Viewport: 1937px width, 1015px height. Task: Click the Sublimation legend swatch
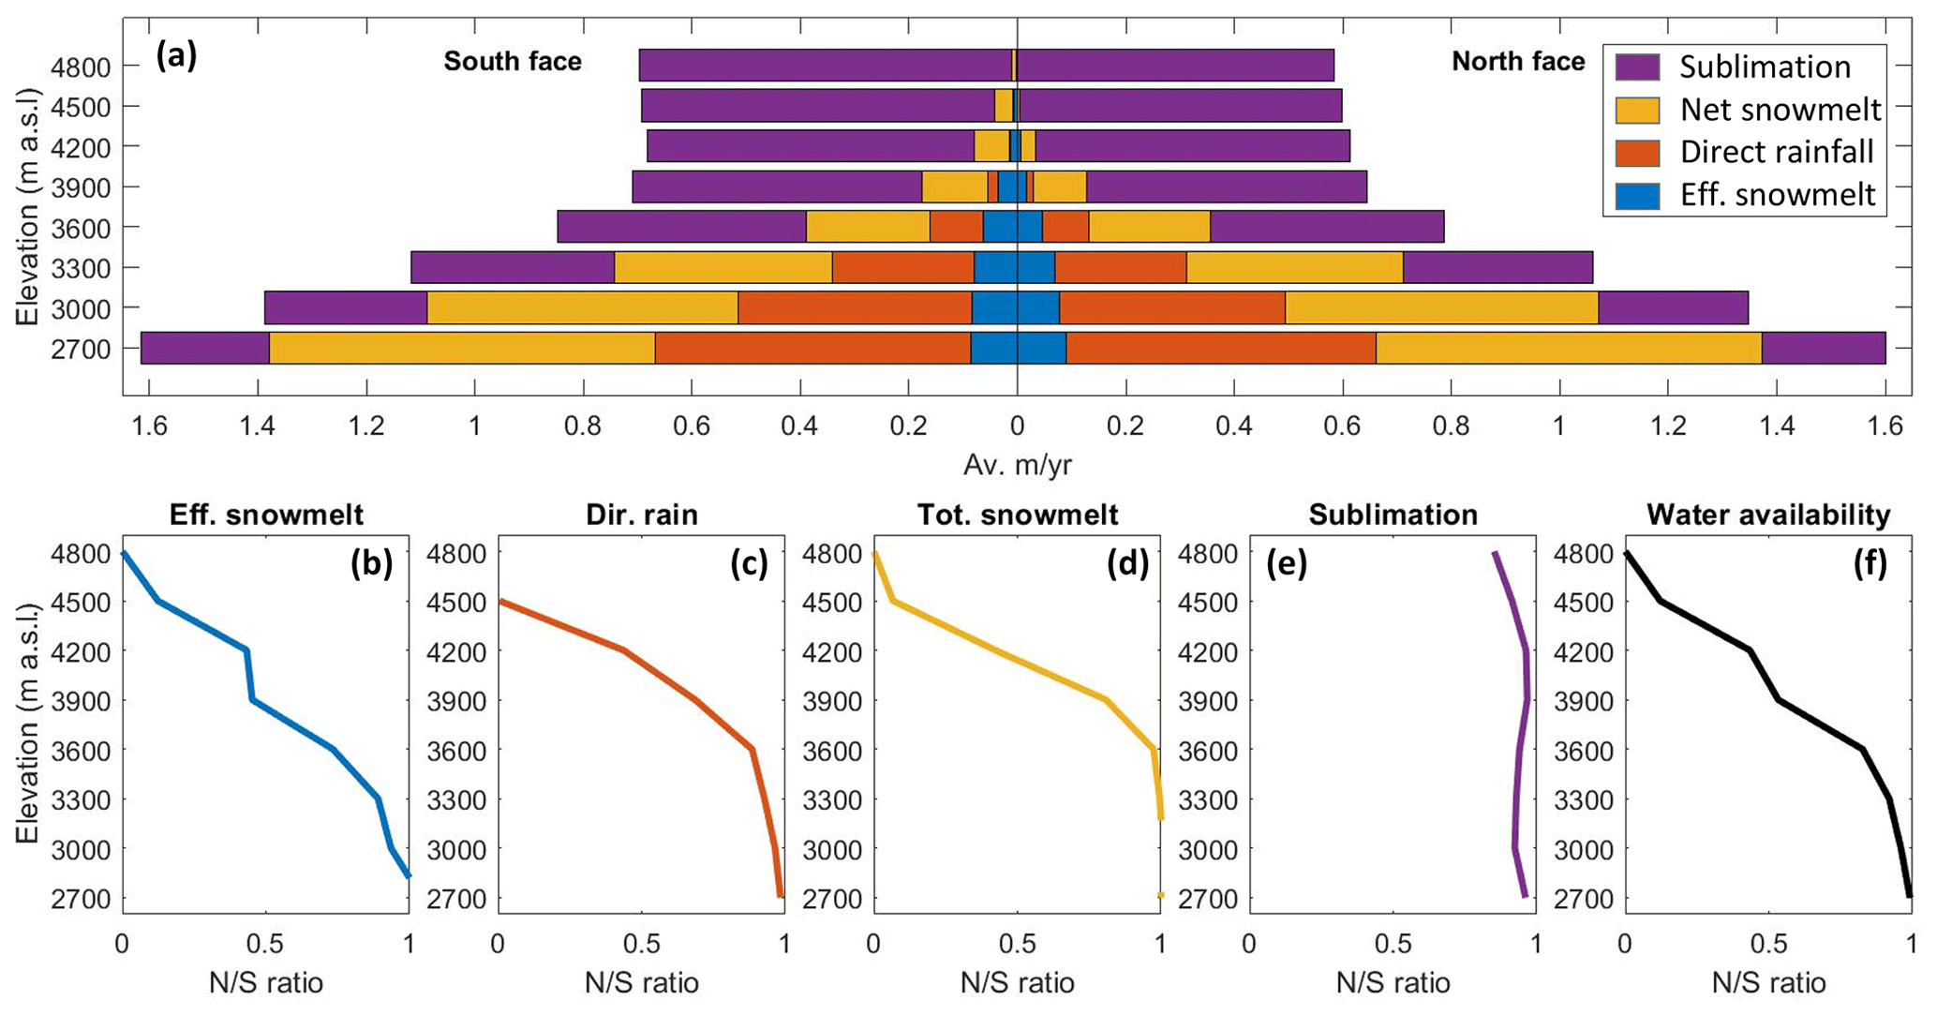1637,67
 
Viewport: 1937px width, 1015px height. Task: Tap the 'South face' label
513,62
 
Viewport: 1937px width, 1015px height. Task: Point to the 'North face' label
1518,62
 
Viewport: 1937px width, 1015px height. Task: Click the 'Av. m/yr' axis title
1017,465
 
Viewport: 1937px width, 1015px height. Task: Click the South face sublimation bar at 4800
825,66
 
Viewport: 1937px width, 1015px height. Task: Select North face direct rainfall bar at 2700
1220,348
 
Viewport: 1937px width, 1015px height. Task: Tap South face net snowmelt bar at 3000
582,307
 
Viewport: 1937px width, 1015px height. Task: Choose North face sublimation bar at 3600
1326,227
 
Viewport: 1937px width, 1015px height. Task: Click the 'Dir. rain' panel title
642,515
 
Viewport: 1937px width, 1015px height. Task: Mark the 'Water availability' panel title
1768,515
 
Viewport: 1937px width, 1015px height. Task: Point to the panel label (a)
176,57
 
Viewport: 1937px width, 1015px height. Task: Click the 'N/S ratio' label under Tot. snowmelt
1017,982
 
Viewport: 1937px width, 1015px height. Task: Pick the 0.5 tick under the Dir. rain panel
642,943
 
